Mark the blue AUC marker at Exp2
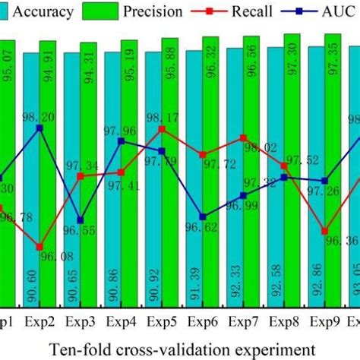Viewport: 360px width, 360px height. pos(39,128)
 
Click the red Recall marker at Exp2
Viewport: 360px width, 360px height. pos(39,247)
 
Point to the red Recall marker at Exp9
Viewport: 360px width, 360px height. pos(325,231)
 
